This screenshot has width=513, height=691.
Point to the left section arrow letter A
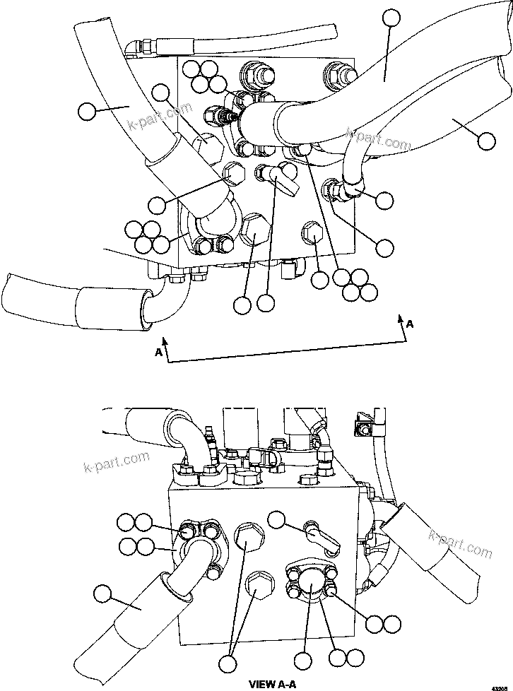(160, 350)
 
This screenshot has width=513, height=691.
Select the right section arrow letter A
(409, 324)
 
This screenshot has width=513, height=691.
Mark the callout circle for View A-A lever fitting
(276, 520)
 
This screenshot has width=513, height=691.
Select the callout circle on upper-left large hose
(86, 110)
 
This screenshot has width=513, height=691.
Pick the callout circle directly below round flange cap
(303, 661)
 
